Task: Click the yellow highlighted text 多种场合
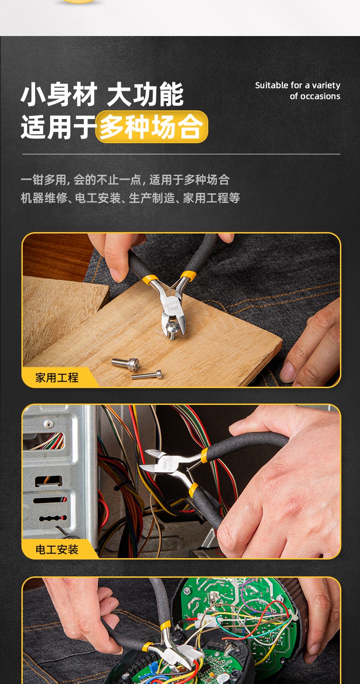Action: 151,127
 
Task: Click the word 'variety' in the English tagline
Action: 326,86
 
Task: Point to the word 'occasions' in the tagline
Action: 320,96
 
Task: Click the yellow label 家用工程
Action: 57,378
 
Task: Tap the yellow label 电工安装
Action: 57,549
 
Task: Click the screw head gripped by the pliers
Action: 171,328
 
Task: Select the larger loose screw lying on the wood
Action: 125,364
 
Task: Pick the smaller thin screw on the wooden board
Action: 147,375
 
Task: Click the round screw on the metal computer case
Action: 48,424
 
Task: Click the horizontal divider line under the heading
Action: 181,154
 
